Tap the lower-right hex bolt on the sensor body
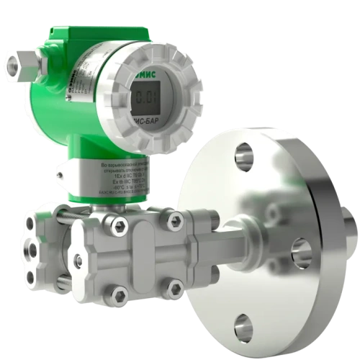(173, 288)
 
